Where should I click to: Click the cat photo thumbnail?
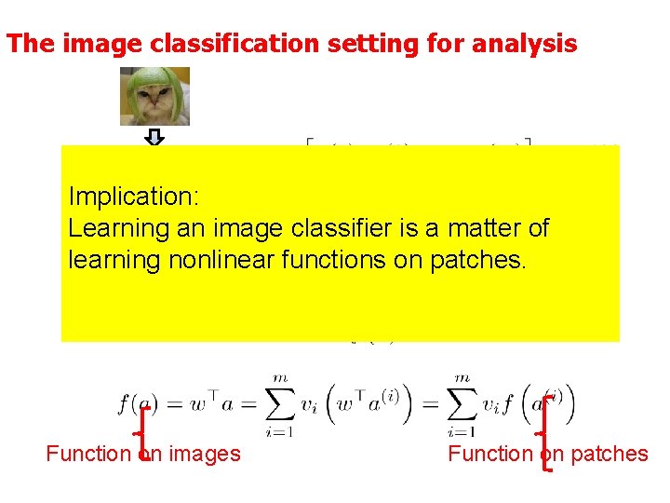pyautogui.click(x=154, y=96)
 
